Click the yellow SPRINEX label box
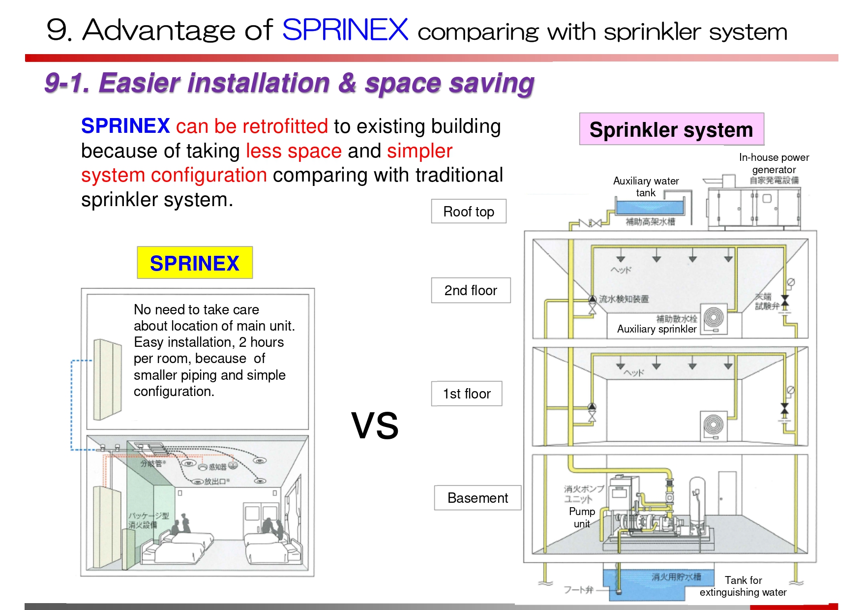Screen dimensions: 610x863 195,263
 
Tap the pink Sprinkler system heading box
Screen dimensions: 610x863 671,129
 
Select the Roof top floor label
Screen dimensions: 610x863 469,212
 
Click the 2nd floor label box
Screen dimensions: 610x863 471,290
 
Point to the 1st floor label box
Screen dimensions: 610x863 467,394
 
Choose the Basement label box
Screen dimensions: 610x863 477,498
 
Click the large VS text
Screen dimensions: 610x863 375,426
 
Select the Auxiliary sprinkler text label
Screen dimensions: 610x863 656,329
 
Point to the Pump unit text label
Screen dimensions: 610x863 582,518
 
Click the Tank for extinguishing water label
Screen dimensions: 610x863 743,586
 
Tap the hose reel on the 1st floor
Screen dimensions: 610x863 714,425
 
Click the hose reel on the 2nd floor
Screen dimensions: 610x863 714,318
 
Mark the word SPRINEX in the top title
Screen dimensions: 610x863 345,30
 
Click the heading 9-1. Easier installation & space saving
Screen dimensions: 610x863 289,83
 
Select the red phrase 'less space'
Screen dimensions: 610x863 294,151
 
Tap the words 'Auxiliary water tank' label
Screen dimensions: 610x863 646,187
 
